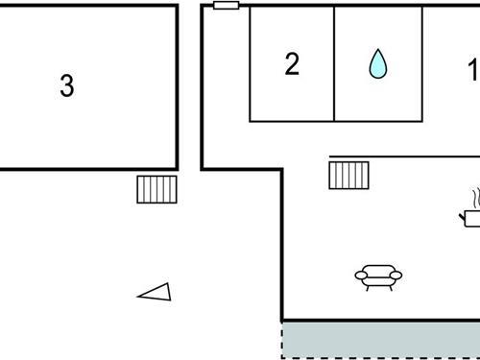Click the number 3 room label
pyautogui.click(x=66, y=86)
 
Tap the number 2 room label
pyautogui.click(x=292, y=64)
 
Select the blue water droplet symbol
pyautogui.click(x=377, y=63)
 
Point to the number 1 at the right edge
pyautogui.click(x=471, y=69)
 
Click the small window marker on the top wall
pyautogui.click(x=226, y=5)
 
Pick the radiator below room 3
pyautogui.click(x=157, y=189)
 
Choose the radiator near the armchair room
pyautogui.click(x=349, y=175)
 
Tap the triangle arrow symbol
pyautogui.click(x=156, y=292)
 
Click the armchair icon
pyautogui.click(x=378, y=277)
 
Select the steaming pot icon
pyautogui.click(x=471, y=214)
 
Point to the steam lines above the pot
pyautogui.click(x=474, y=199)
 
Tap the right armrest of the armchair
pyautogui.click(x=396, y=277)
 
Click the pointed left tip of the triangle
pyautogui.click(x=139, y=296)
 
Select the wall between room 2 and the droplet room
pyautogui.click(x=334, y=63)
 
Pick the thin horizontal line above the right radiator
pyautogui.click(x=403, y=156)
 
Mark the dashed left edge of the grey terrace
pyautogui.click(x=282, y=341)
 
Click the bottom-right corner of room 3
pyautogui.click(x=178, y=168)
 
